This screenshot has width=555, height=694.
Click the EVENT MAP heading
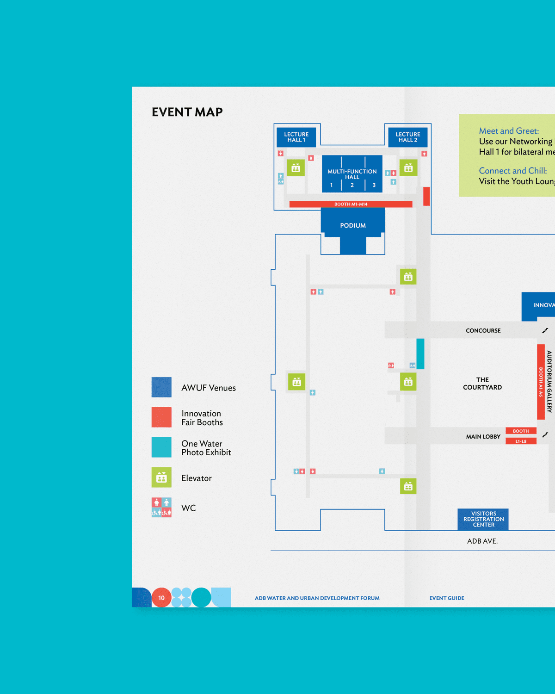[187, 112]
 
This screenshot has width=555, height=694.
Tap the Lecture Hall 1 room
[296, 137]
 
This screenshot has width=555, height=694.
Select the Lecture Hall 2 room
[407, 137]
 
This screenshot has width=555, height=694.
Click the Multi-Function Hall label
[352, 174]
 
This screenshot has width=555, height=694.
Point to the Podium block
[353, 225]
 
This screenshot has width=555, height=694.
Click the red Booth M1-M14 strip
[351, 204]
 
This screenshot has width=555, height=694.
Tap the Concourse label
[483, 330]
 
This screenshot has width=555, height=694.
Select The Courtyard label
[482, 384]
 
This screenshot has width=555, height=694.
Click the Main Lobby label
[483, 436]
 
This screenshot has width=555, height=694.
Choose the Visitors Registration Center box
[483, 519]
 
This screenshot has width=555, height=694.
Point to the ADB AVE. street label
[482, 541]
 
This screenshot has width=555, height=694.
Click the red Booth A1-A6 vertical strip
[541, 382]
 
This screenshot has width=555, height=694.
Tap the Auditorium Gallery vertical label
[549, 382]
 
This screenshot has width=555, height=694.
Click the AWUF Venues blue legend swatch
[161, 387]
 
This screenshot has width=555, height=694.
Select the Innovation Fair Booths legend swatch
[161, 417]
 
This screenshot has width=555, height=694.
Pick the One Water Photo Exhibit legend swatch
[161, 447]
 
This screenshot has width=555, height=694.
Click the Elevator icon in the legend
[161, 477]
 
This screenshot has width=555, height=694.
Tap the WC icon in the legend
[161, 507]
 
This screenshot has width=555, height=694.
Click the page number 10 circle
[161, 597]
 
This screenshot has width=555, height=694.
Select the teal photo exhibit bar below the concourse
[420, 353]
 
